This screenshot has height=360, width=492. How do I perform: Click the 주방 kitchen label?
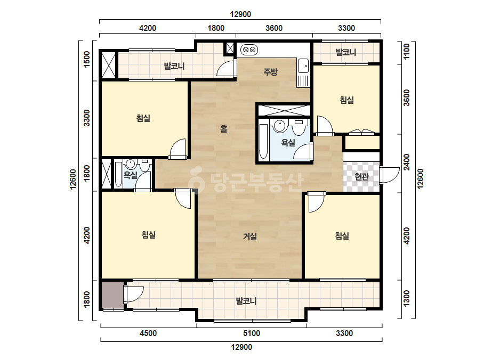point(270,72)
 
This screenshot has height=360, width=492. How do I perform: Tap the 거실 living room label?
point(250,236)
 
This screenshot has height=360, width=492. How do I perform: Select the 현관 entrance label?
point(361,177)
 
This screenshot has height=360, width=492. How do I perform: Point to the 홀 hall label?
point(223,128)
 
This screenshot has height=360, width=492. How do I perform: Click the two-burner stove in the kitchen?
point(249,50)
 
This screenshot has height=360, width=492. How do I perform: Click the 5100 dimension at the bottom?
point(252,333)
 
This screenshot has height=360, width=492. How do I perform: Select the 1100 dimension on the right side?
point(406,52)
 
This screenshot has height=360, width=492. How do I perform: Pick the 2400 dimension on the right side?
point(406,162)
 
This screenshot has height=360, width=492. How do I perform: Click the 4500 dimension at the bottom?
point(148,333)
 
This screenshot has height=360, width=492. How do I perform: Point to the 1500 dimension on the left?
point(87,59)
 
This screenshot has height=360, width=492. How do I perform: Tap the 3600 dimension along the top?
point(274,28)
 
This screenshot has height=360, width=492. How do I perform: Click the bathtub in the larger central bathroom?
point(263,141)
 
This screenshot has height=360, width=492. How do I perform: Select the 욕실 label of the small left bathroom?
point(130,175)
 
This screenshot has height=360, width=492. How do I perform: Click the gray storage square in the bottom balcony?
point(112,295)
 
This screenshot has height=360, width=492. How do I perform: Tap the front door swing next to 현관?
point(390,175)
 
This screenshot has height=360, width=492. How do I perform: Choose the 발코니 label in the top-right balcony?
point(346,52)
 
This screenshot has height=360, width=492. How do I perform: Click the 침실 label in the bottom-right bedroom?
point(342,235)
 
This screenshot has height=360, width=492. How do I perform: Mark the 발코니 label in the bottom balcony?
point(246,301)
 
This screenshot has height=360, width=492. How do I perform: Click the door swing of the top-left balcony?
point(227,68)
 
